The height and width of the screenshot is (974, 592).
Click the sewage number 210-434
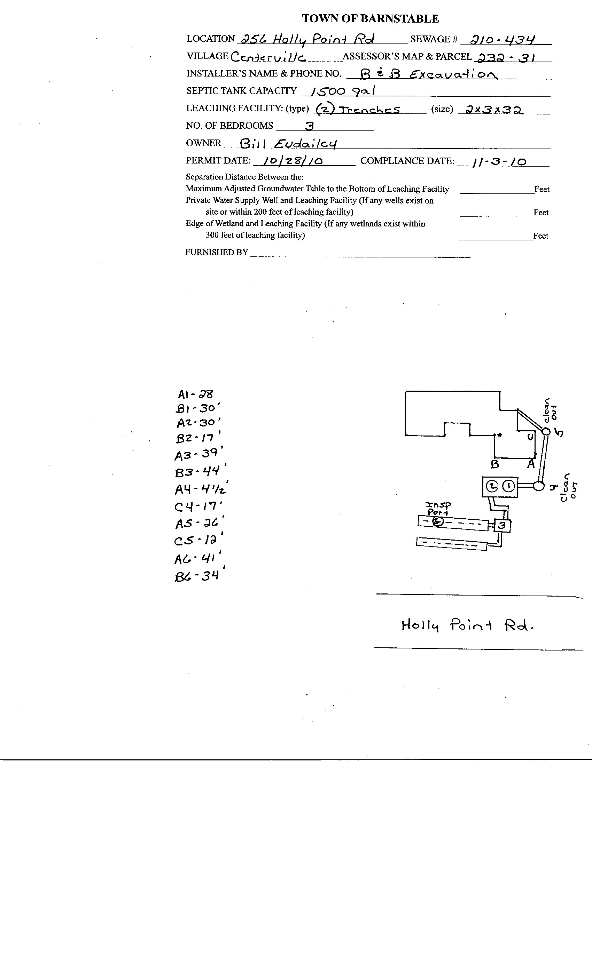tap(503, 40)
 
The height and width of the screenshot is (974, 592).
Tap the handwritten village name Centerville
tap(268, 58)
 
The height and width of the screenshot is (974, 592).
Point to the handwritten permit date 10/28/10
tap(293, 161)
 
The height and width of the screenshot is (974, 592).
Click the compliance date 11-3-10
tap(499, 162)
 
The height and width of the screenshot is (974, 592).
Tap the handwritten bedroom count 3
tap(310, 126)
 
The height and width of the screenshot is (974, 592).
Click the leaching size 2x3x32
tap(494, 110)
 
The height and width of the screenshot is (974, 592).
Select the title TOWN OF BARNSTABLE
tap(370, 18)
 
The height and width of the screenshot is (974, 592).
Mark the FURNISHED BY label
tap(217, 252)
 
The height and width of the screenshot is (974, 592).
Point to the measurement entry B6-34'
tap(198, 576)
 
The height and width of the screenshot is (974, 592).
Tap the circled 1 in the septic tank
tap(509, 486)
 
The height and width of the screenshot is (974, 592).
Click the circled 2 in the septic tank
tap(492, 486)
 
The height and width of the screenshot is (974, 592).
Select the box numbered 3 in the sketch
tap(502, 525)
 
